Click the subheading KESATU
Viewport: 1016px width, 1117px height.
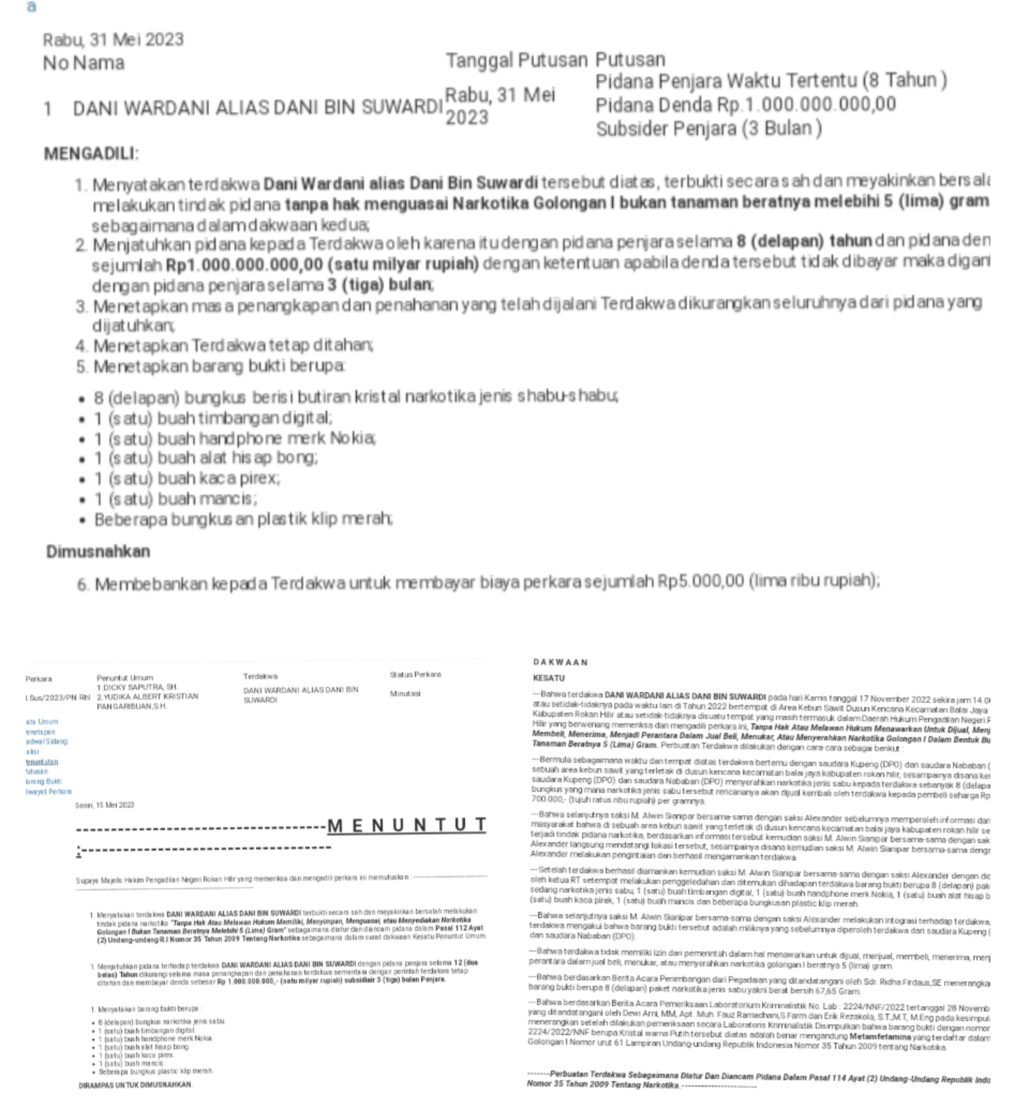549,678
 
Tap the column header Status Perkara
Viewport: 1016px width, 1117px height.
415,674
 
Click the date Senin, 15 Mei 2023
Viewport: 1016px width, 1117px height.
105,805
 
